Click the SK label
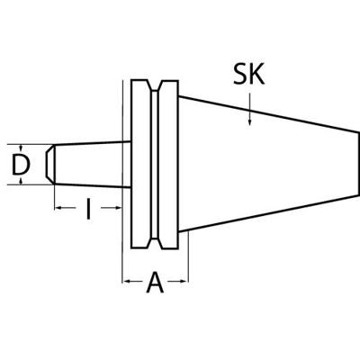pos(249,74)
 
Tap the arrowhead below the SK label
pos(249,121)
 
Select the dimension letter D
pos(21,165)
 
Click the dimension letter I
pos(88,208)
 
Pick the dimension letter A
pos(155,282)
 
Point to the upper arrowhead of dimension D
pos(21,148)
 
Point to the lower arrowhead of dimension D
pos(21,181)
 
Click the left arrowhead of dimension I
pos(58,208)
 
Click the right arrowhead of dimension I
pos(118,208)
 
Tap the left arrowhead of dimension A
pos(126,281)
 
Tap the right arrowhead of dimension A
pos(184,281)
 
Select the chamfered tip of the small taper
pos(50,165)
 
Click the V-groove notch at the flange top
pos(155,85)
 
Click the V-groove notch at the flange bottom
pos(155,243)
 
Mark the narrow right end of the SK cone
pos(358,164)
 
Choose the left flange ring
pos(140,165)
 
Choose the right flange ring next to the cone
pos(168,165)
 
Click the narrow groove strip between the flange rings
pos(155,165)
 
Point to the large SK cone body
pos(268,164)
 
